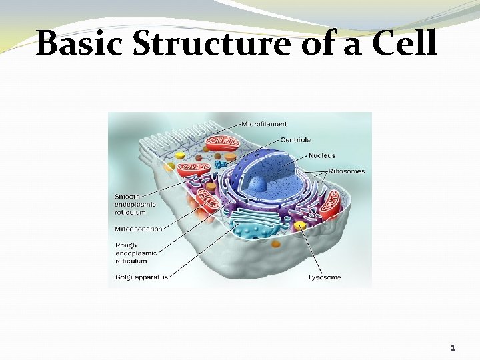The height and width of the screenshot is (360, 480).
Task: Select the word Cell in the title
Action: point(404,43)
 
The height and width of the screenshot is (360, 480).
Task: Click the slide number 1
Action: point(453,347)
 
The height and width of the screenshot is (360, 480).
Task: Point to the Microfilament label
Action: point(264,124)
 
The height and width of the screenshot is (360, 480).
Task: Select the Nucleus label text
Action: point(322,156)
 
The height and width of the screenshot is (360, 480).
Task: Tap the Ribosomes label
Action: point(346,171)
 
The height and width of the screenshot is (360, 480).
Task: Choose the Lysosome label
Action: point(325,277)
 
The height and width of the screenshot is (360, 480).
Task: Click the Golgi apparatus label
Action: point(141,277)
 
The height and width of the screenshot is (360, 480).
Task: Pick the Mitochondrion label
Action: point(138,229)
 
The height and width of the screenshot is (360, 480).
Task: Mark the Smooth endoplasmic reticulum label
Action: point(135,204)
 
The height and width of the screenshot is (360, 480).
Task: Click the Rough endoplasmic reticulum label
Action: point(135,253)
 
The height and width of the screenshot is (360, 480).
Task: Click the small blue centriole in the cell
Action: point(221,164)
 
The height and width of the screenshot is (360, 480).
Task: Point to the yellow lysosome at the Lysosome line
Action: point(301,227)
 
